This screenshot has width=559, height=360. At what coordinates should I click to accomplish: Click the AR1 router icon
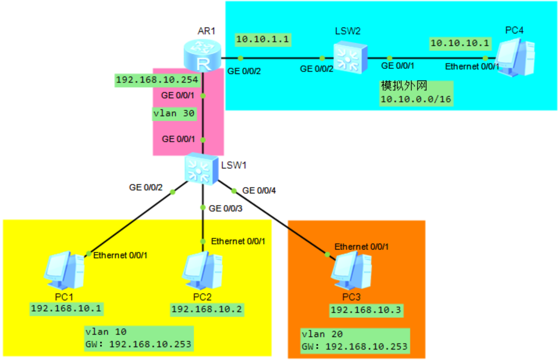click(202, 56)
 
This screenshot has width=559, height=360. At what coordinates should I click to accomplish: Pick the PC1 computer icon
click(65, 271)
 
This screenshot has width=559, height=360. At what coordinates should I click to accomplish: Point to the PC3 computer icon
click(351, 271)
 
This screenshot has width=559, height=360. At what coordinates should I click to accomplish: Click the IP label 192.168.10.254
click(157, 80)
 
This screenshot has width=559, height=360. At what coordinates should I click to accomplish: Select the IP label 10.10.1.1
click(262, 39)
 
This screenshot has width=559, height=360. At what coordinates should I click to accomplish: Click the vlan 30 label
click(174, 114)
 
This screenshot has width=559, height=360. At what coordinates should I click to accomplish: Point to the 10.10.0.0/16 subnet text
click(416, 99)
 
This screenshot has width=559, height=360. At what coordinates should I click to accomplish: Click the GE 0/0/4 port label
click(259, 190)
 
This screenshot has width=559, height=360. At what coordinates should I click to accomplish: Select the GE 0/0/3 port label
click(225, 208)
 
